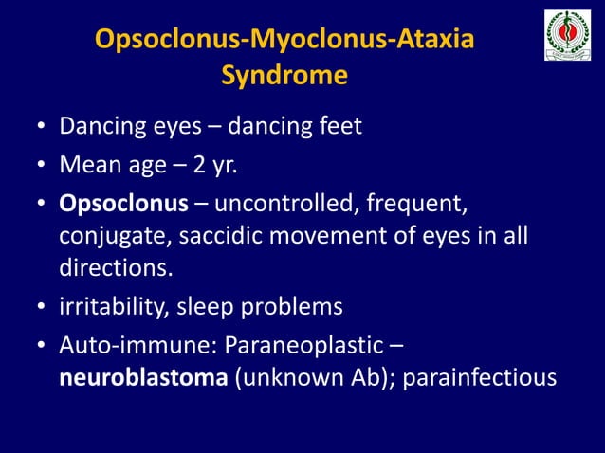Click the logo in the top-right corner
[x=568, y=35]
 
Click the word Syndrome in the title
[x=284, y=75]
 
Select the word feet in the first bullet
[x=339, y=126]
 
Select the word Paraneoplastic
[x=313, y=347]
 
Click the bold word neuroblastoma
[x=142, y=378]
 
